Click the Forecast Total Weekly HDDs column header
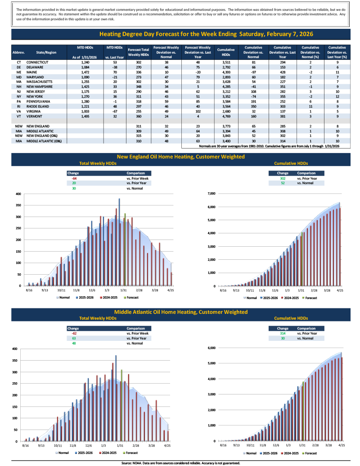coord(139,52)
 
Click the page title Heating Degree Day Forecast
coord(206,34)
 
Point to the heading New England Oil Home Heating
coord(180,157)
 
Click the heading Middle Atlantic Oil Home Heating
coord(180,312)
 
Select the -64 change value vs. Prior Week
coord(74,179)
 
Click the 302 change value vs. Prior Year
coord(283,179)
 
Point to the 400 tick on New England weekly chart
coord(18,194)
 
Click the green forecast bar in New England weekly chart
coord(125,249)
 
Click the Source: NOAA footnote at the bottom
coord(180,463)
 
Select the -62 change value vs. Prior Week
coord(74,333)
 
